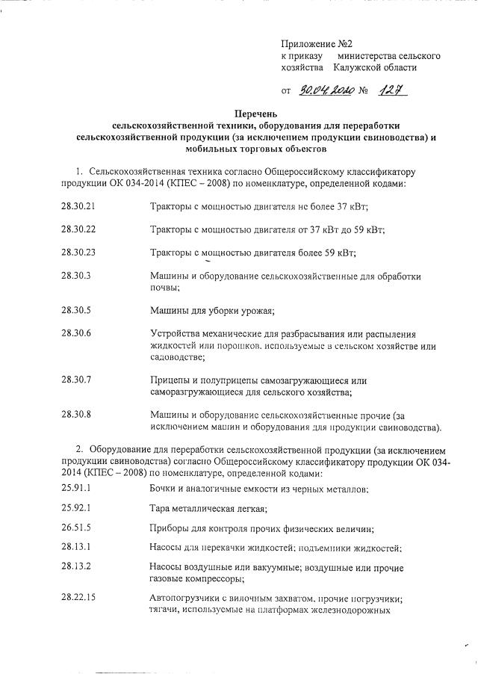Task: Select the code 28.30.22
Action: (78, 229)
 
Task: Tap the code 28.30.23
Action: (78, 252)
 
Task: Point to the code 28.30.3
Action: (76, 276)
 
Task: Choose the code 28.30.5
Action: (76, 309)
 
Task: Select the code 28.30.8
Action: (76, 415)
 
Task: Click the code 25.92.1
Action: (76, 509)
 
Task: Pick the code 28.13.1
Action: (76, 548)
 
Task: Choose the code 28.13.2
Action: (76, 566)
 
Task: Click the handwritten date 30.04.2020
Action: (328, 91)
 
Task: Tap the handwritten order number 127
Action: (393, 91)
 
